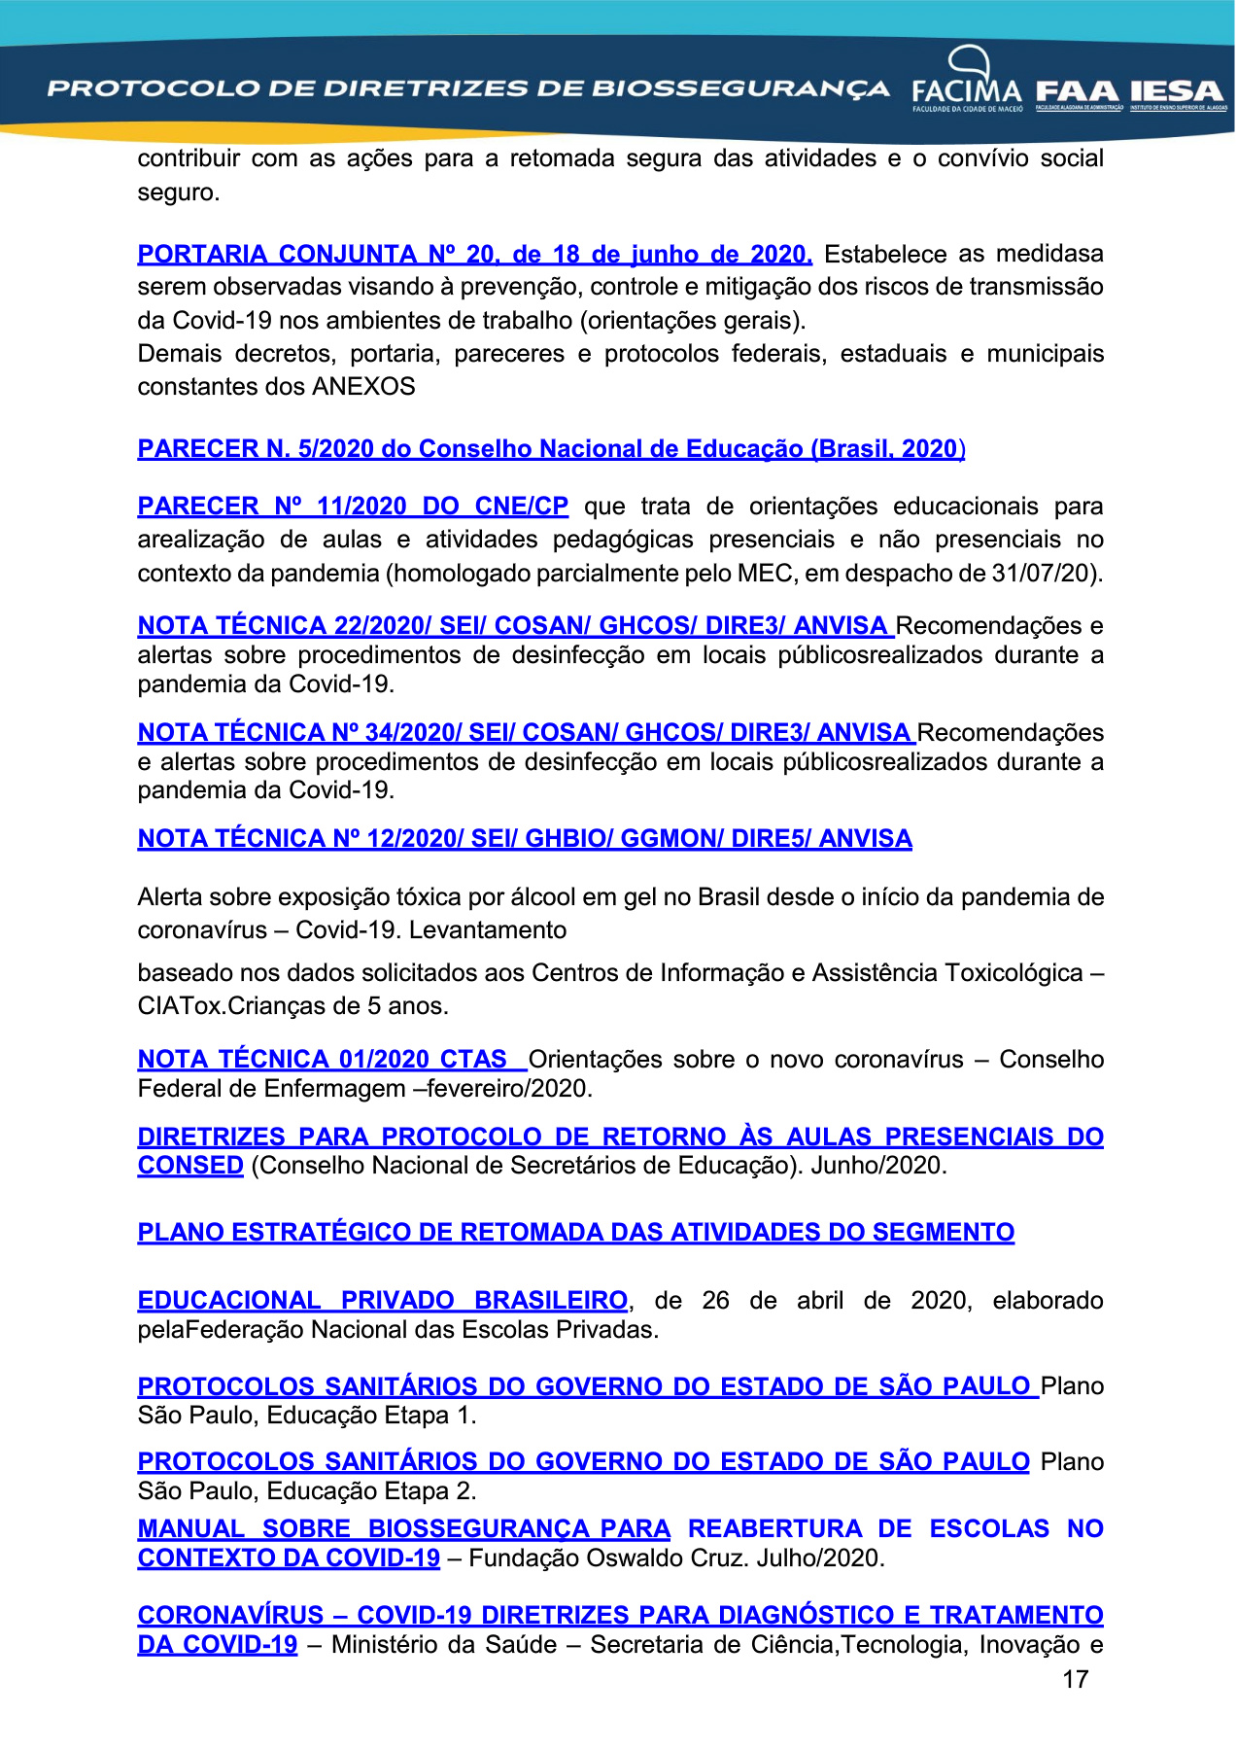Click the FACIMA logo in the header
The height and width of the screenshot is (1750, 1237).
[x=967, y=84]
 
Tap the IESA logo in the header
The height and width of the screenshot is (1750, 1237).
[x=1177, y=93]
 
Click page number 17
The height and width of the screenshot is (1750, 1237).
[x=1075, y=1679]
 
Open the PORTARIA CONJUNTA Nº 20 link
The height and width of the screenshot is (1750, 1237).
[x=474, y=255]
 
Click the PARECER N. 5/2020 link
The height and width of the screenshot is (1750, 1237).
[x=551, y=449]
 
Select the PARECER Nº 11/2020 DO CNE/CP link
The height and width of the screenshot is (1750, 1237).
[x=353, y=507]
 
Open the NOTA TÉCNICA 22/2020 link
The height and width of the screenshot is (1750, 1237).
[x=514, y=626]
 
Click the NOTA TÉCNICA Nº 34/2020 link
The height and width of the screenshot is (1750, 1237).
[x=525, y=733]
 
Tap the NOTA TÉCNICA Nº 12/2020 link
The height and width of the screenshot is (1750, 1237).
[x=525, y=839]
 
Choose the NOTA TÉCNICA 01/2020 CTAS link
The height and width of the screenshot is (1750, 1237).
[x=329, y=1060]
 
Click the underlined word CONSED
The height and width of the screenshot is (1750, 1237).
[x=190, y=1166]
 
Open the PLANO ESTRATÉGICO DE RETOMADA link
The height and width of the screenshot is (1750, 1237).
[x=575, y=1233]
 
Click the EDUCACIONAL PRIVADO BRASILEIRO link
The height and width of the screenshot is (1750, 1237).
[x=383, y=1301]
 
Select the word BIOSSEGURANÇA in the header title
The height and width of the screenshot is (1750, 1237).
[x=740, y=89]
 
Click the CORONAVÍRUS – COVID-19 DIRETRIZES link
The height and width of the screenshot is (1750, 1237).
[x=620, y=1616]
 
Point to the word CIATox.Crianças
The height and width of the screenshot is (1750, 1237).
[x=224, y=1006]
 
